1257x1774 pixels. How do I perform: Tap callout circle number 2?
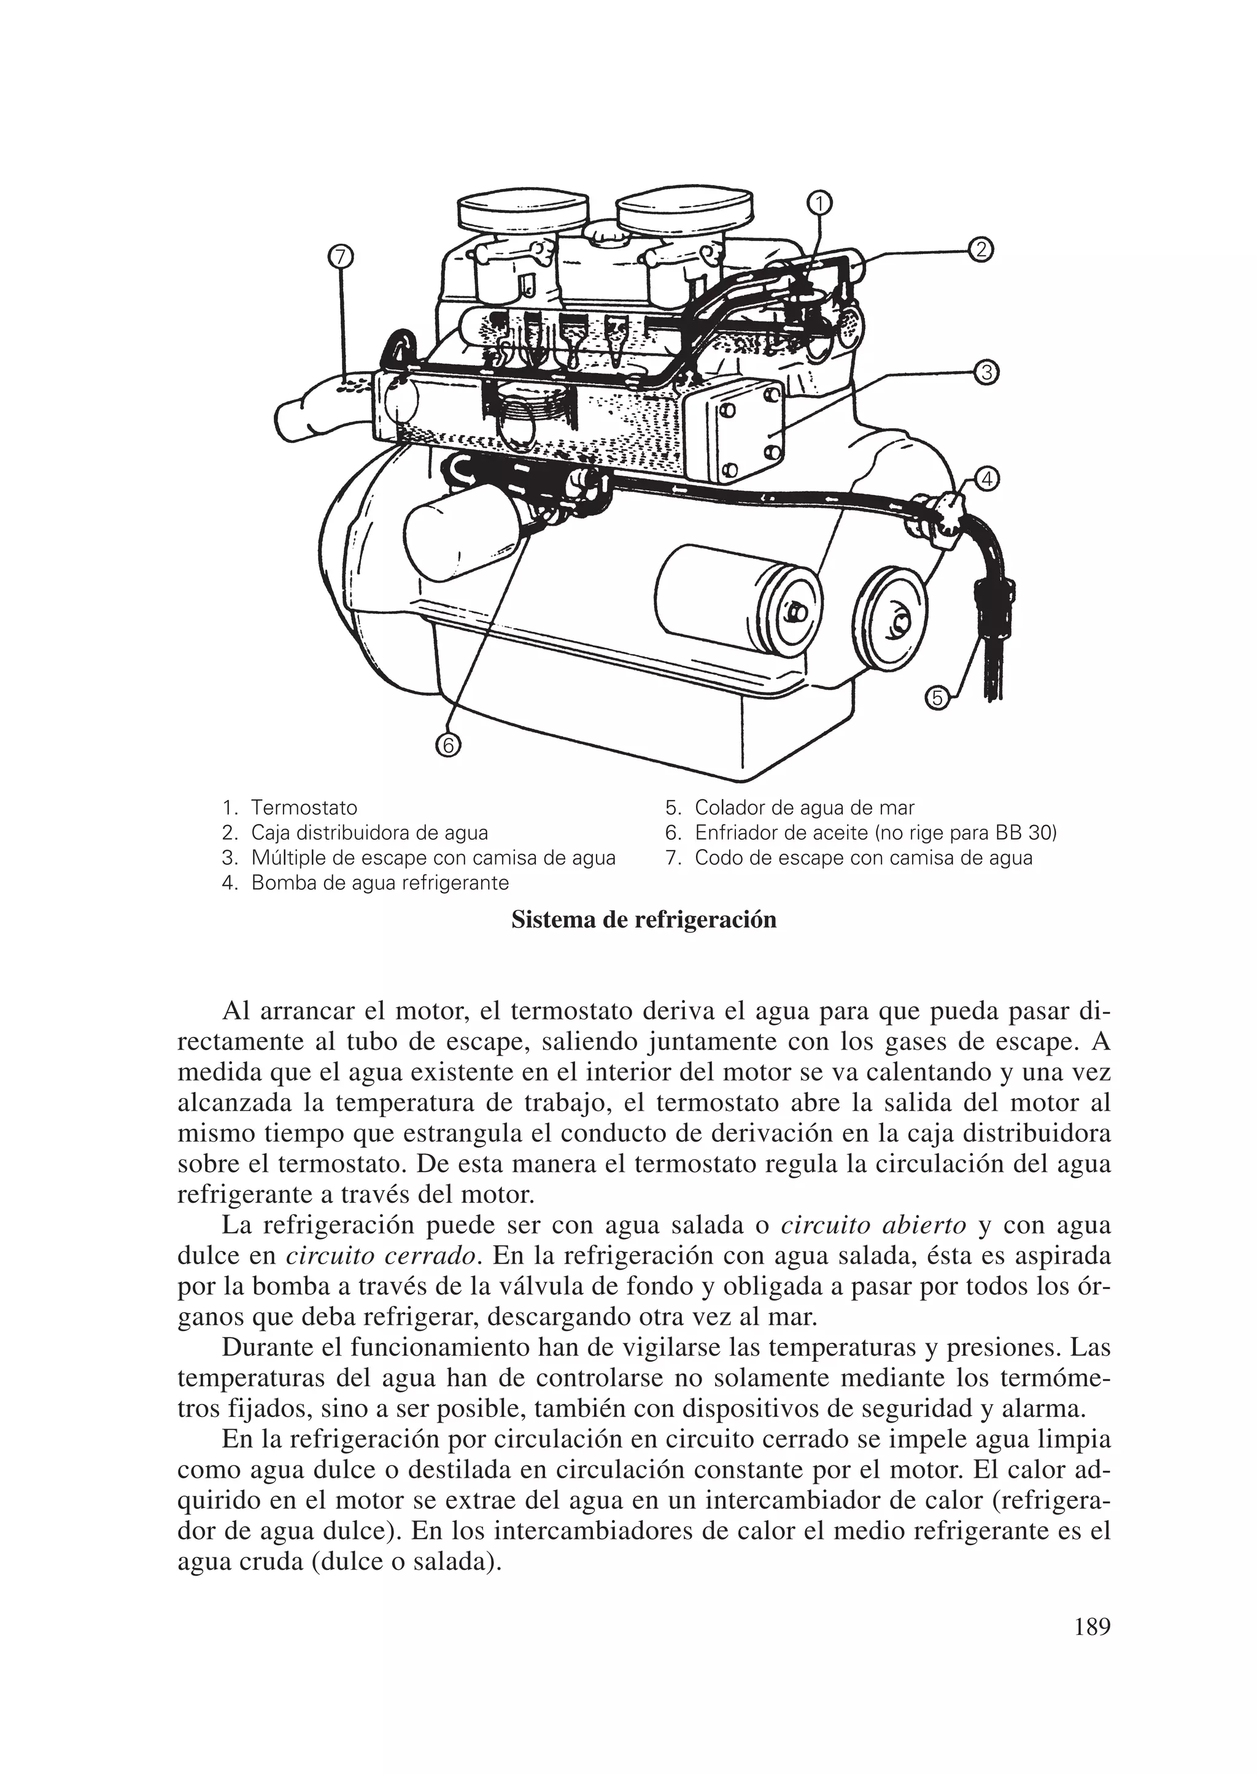(x=980, y=250)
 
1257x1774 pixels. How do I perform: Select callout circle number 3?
(x=985, y=373)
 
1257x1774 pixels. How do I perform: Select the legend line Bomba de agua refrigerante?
(x=379, y=883)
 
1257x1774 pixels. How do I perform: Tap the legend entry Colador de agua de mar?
(x=803, y=808)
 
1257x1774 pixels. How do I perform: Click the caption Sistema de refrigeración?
(x=643, y=921)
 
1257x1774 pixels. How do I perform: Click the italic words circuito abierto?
(x=874, y=1226)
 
